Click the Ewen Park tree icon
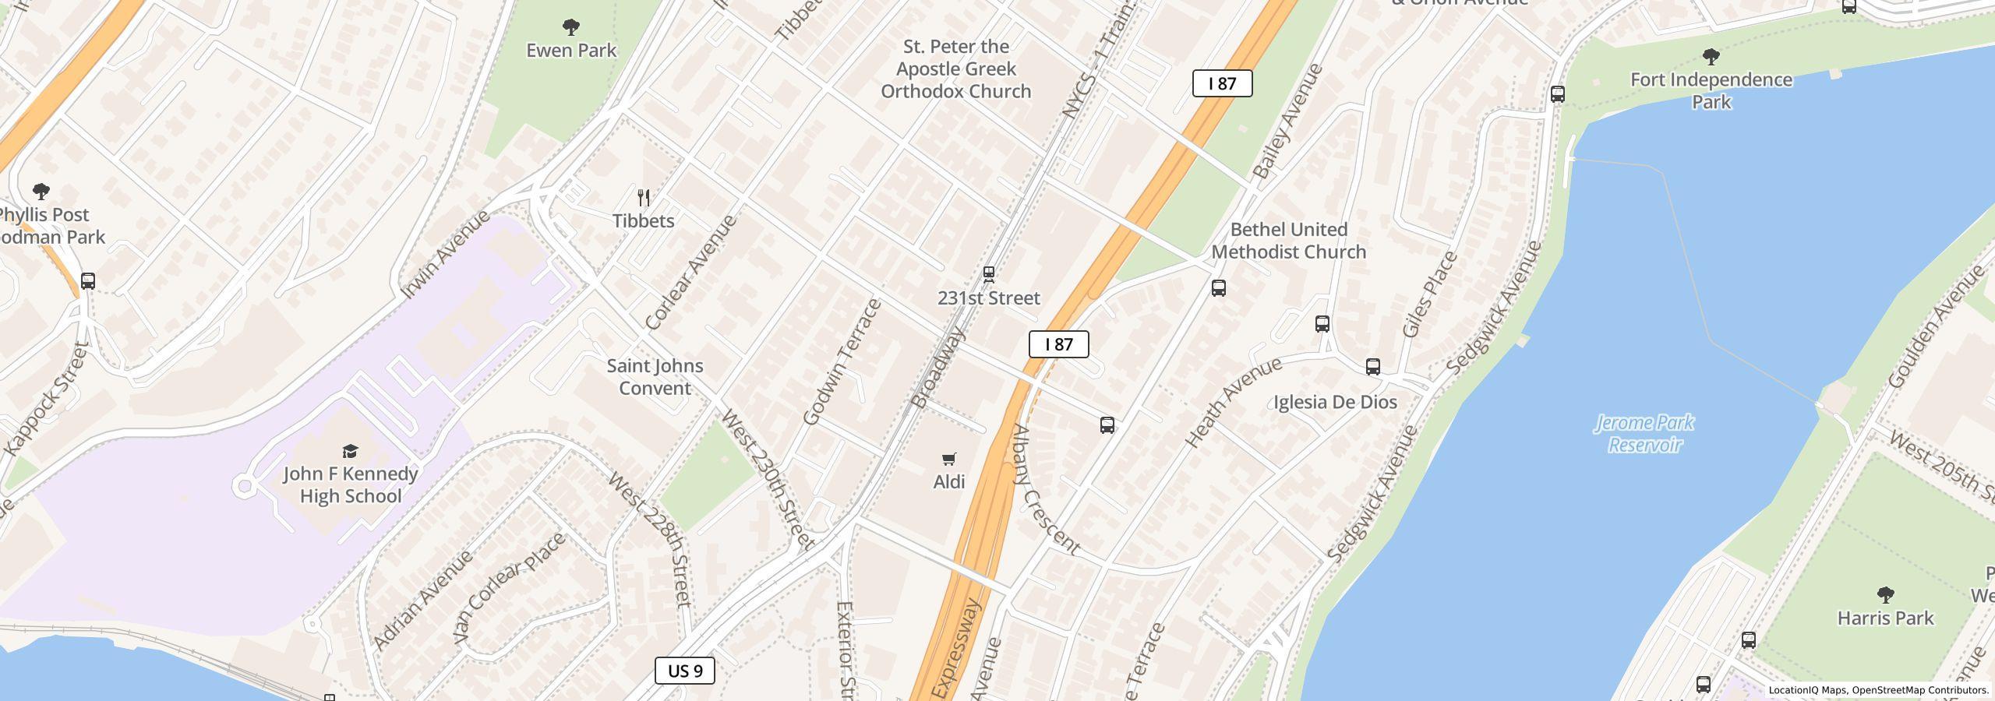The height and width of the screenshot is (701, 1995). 571,27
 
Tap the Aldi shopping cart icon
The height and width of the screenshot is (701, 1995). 948,460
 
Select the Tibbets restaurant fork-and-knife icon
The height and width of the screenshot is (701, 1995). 644,198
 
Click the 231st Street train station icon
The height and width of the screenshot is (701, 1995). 989,274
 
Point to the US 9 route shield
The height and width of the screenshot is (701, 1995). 685,671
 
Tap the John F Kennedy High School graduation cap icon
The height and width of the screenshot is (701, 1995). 351,451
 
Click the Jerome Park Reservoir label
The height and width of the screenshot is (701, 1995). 1644,434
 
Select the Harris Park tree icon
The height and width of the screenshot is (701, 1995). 1886,596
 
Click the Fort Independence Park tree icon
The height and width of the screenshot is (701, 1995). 1711,57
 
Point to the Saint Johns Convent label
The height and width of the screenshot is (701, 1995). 655,377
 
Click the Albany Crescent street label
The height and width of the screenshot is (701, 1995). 1044,490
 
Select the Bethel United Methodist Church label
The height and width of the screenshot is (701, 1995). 1288,241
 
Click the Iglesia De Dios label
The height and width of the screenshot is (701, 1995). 1335,402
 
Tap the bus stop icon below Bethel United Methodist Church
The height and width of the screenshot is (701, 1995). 1219,288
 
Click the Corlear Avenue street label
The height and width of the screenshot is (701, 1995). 690,272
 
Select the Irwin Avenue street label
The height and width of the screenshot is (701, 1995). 444,254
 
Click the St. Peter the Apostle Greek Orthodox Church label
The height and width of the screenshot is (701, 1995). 955,69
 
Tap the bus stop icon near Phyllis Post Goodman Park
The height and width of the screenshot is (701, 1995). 88,281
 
